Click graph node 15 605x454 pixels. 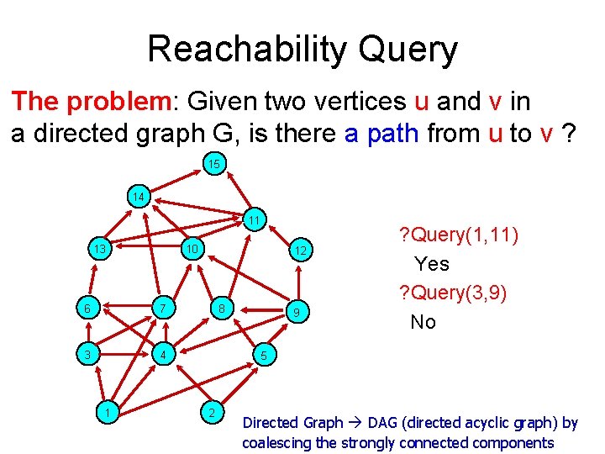(x=214, y=164)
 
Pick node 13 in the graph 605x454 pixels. (x=99, y=249)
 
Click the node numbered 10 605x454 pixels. (x=192, y=249)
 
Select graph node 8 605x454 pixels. (x=221, y=309)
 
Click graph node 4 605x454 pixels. (x=166, y=356)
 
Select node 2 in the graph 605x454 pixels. (x=213, y=412)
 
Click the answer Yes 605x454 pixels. (x=432, y=264)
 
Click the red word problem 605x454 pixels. (x=118, y=102)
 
